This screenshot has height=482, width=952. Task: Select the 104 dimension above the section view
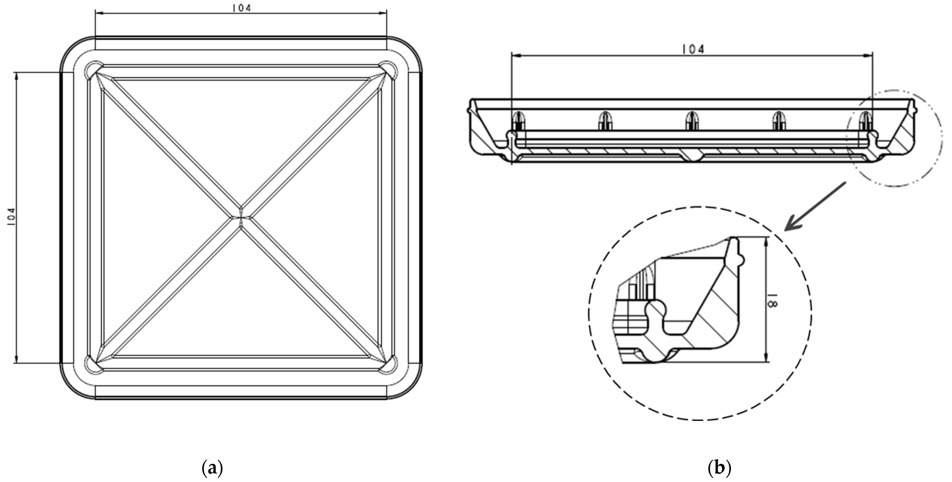(x=693, y=49)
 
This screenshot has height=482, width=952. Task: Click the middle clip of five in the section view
(x=692, y=121)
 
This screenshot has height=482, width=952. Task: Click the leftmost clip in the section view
(x=519, y=121)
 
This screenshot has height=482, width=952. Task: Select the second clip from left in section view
(x=605, y=121)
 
